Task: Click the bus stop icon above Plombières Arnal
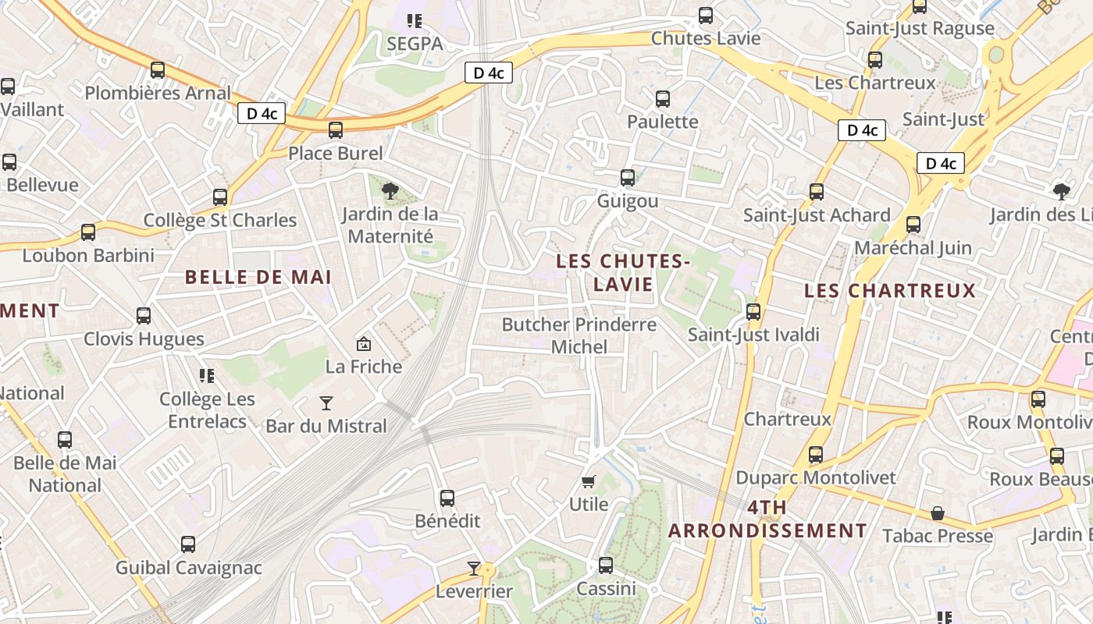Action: coord(158,70)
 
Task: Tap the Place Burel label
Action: coord(336,153)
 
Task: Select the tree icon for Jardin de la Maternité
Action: coord(390,190)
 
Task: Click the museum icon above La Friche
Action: coord(363,343)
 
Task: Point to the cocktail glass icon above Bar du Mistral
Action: coord(326,403)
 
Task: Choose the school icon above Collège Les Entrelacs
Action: coord(207,376)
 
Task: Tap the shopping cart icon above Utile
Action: coord(589,481)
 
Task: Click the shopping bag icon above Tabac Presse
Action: coord(938,513)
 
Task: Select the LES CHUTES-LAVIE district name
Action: coord(622,272)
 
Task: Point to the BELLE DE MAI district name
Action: coord(258,277)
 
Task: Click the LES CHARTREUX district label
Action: coord(890,291)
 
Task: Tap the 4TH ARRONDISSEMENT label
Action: coord(767,519)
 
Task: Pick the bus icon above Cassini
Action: coord(606,565)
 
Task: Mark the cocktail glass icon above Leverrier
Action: coord(474,568)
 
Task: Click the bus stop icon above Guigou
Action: coord(628,178)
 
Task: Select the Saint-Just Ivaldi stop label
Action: coord(753,335)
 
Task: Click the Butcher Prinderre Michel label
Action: coord(579,335)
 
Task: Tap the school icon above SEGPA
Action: coord(415,21)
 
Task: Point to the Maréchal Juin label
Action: coord(913,248)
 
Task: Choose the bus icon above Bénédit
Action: coord(447,498)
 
